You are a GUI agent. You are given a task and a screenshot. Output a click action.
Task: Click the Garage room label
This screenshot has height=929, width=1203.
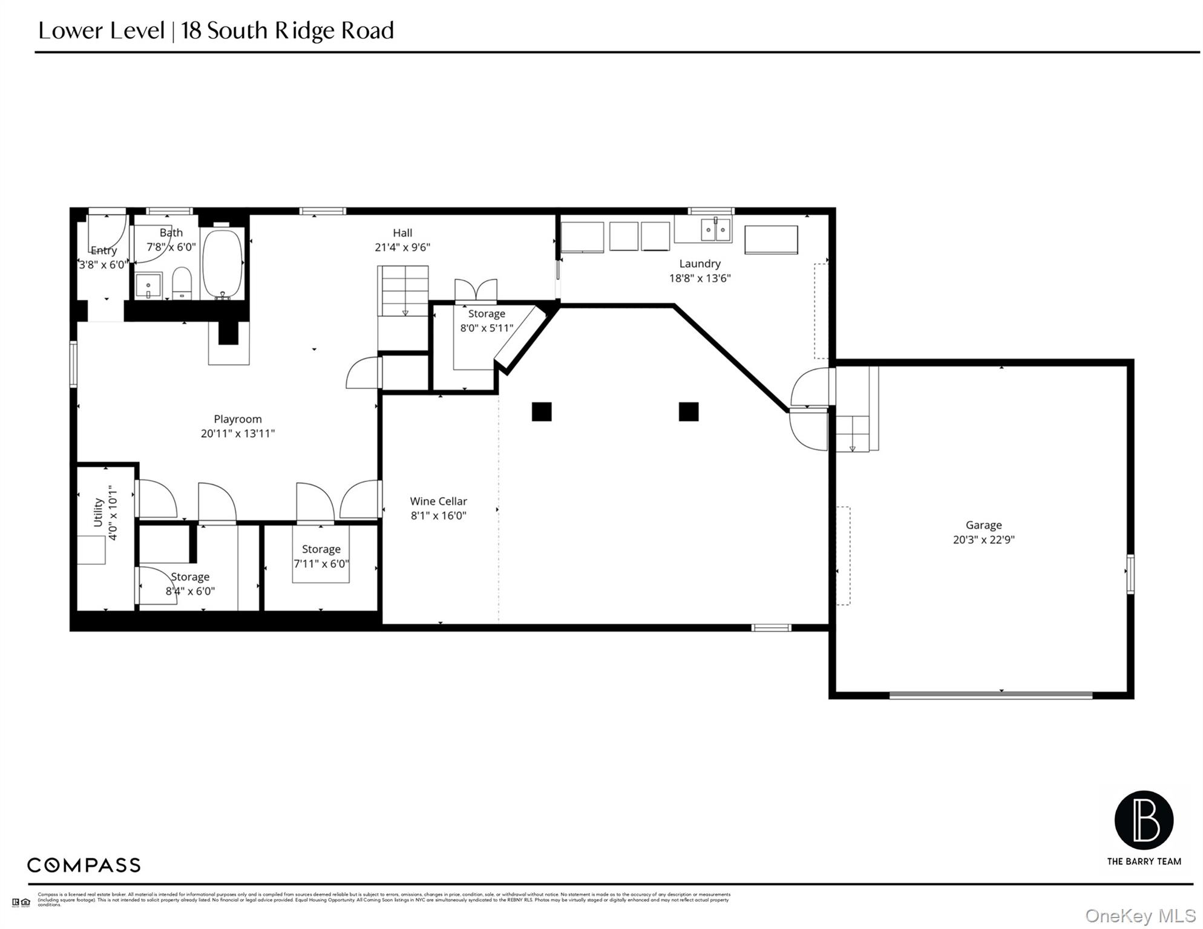coord(983,525)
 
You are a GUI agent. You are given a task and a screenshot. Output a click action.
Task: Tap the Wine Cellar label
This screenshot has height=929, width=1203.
coord(438,501)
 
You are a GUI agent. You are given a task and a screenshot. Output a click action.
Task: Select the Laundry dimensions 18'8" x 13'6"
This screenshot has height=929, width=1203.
coord(700,278)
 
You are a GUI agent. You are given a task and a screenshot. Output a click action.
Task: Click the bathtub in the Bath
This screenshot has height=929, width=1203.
coord(222,262)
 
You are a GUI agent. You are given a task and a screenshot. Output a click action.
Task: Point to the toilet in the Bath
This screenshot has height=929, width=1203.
coord(182,283)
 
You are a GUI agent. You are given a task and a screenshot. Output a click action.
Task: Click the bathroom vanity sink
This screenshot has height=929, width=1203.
coord(148,286)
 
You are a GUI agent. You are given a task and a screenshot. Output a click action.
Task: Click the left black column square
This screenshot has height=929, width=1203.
coord(542,412)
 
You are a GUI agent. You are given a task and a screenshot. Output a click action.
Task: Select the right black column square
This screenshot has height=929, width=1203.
coord(689,412)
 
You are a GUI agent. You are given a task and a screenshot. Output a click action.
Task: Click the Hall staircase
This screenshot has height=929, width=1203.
coord(403,290)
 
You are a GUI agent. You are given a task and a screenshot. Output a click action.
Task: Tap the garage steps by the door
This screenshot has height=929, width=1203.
coord(852,433)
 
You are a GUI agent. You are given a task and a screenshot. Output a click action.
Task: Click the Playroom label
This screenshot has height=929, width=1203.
coord(237,419)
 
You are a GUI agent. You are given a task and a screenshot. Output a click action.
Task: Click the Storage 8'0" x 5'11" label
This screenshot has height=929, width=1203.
coord(486,313)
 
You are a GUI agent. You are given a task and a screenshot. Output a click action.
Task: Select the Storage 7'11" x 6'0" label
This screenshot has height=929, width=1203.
coord(321,549)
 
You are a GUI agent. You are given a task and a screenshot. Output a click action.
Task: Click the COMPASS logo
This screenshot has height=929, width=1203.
coord(84,865)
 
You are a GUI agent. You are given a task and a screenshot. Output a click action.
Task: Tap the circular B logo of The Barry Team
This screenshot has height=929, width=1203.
coord(1143,820)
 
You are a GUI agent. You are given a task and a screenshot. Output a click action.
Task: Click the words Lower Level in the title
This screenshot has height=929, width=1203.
coord(102,30)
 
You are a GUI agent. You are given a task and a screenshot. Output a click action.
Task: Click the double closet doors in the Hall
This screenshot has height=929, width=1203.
coord(476,290)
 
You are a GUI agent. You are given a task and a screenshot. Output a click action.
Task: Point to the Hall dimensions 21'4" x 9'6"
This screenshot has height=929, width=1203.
coord(402,247)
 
